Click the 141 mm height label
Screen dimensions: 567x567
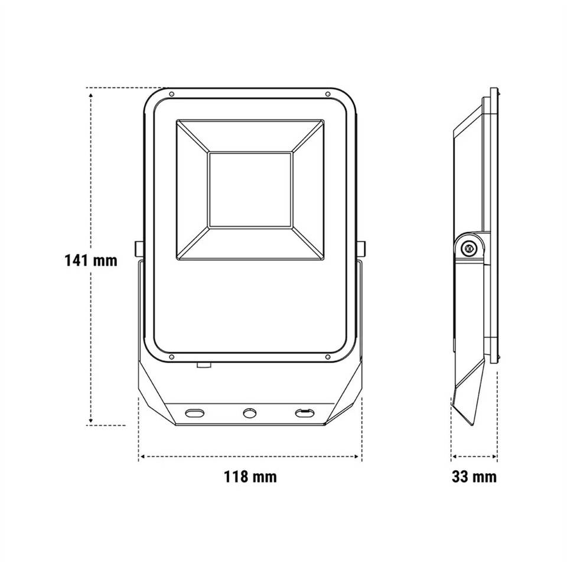click(91, 260)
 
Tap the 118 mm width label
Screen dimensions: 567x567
click(250, 477)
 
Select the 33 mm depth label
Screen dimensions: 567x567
click(474, 477)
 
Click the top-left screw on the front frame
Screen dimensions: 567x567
click(172, 94)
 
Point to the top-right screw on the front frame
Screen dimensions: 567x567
click(328, 94)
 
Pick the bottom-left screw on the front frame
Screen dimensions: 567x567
click(172, 357)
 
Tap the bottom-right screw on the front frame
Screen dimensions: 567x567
click(328, 357)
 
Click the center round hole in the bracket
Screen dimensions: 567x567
click(249, 413)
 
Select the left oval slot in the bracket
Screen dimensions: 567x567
click(194, 413)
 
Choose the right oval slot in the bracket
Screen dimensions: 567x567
click(305, 413)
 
